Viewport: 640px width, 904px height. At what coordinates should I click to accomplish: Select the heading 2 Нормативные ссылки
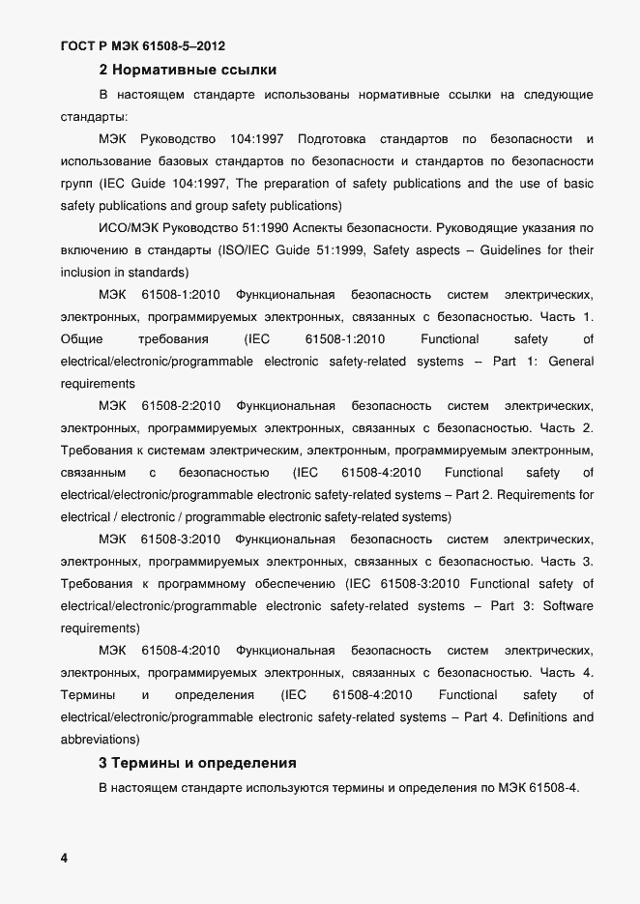point(188,70)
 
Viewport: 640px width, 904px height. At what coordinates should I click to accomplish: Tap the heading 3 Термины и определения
point(197,763)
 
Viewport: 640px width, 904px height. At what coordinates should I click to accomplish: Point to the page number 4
point(64,859)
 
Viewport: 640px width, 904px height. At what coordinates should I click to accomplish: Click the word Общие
point(81,339)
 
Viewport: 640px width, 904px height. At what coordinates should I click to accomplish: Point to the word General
point(570,362)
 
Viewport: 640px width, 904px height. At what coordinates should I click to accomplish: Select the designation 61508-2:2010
point(181,406)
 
